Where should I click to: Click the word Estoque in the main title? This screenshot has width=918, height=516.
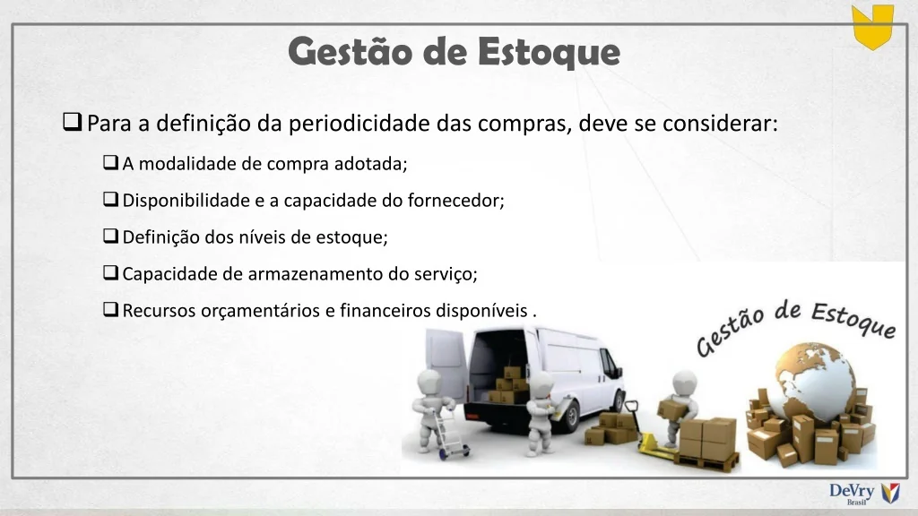point(549,51)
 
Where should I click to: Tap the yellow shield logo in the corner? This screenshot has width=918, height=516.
point(872,27)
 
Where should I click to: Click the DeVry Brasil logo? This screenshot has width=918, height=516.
point(864,494)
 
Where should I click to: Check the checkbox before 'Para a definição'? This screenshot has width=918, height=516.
point(72,122)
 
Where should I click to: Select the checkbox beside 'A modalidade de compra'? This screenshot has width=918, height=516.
point(110,162)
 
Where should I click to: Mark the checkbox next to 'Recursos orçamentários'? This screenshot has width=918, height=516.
point(110,309)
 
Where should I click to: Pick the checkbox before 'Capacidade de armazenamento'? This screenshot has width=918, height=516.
point(110,272)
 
